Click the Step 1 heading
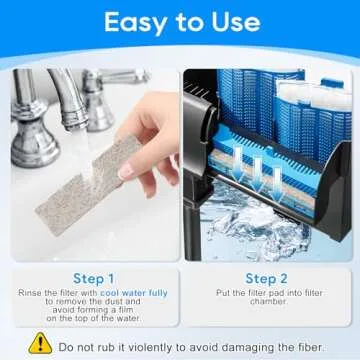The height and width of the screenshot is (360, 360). tap(94, 279)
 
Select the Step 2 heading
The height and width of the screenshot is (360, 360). tap(266, 279)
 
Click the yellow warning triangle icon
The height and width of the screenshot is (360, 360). tap(40, 343)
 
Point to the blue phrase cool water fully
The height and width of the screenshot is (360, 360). tap(134, 293)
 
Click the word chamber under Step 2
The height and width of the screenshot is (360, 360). tap(268, 302)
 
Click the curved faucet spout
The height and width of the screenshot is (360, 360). tap(68, 97)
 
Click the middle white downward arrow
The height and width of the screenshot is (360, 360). tap(257, 176)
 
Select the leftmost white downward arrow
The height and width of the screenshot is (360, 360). tap(238, 165)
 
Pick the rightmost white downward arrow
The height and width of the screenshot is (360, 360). tap(277, 185)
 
